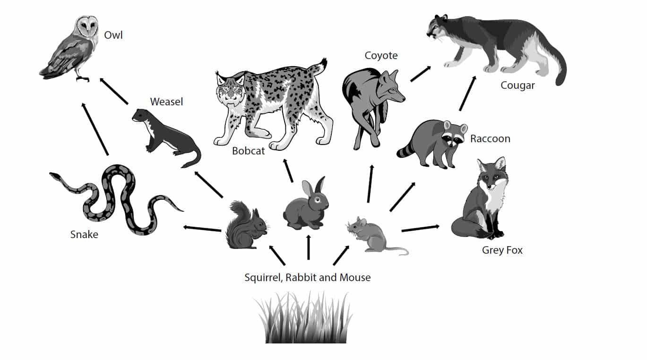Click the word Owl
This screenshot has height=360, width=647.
(x=113, y=35)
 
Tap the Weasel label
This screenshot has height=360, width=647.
(x=166, y=102)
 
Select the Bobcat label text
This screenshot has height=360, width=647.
(x=248, y=151)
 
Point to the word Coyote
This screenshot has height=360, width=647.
(x=381, y=56)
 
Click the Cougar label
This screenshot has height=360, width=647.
(x=518, y=86)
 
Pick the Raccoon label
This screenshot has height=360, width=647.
(x=490, y=139)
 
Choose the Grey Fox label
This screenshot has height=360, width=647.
(x=502, y=250)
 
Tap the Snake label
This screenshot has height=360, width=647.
(x=84, y=234)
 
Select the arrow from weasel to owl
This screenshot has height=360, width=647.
(x=114, y=91)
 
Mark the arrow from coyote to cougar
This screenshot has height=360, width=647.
(x=420, y=74)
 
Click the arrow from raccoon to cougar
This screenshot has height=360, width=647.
(x=467, y=93)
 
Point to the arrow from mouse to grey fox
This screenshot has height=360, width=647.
(x=420, y=229)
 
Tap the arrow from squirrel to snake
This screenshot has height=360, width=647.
(x=202, y=229)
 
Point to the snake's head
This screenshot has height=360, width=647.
(x=55, y=176)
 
